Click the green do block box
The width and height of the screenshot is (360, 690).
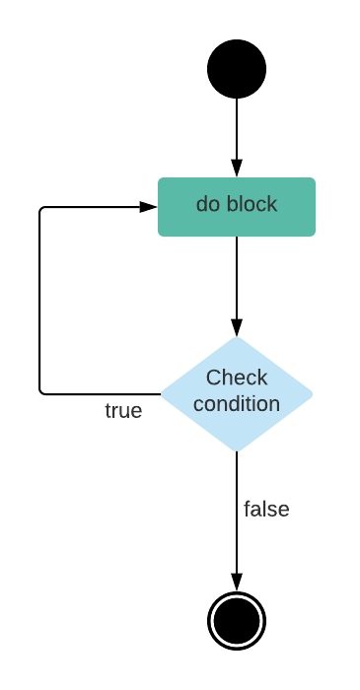pyautogui.click(x=237, y=207)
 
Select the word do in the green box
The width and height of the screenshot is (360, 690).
pyautogui.click(x=208, y=204)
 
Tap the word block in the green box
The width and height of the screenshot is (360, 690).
pyautogui.click(x=252, y=204)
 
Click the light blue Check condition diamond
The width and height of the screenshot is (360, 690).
pyautogui.click(x=237, y=394)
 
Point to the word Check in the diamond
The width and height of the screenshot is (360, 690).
pyautogui.click(x=237, y=378)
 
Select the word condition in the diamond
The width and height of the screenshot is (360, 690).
pyautogui.click(x=237, y=404)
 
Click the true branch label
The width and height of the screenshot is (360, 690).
pyautogui.click(x=123, y=411)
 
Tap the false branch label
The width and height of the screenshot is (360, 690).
pyautogui.click(x=266, y=510)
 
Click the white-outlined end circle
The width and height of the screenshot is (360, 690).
pyautogui.click(x=237, y=621)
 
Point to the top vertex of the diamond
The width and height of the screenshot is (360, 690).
pyautogui.click(x=237, y=337)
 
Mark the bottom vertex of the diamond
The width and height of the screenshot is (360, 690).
pyautogui.click(x=237, y=451)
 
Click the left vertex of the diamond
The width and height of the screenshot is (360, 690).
pyautogui.click(x=161, y=394)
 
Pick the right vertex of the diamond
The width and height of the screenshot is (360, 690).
pyautogui.click(x=314, y=394)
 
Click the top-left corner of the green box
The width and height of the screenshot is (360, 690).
pyautogui.click(x=160, y=179)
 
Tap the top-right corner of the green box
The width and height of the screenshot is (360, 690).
pyautogui.click(x=315, y=179)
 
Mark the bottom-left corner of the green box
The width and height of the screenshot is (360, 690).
pyautogui.click(x=160, y=236)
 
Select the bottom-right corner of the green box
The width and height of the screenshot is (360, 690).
pyautogui.click(x=315, y=236)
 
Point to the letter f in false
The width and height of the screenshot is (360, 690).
pyautogui.click(x=248, y=509)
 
